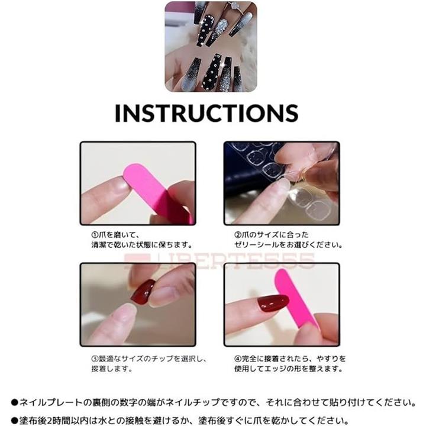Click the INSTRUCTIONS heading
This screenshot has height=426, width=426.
tap(206, 113)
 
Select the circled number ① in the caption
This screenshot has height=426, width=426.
tap(94, 235)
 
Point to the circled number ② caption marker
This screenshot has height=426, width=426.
tap(238, 235)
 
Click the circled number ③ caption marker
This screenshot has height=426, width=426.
tap(94, 359)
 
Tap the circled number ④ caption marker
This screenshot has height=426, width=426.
tap(238, 359)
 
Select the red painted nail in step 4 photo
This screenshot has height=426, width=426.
tap(273, 303)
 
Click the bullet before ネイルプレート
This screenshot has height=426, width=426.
tap(14, 403)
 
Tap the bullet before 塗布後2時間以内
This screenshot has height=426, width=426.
tap(14, 421)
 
